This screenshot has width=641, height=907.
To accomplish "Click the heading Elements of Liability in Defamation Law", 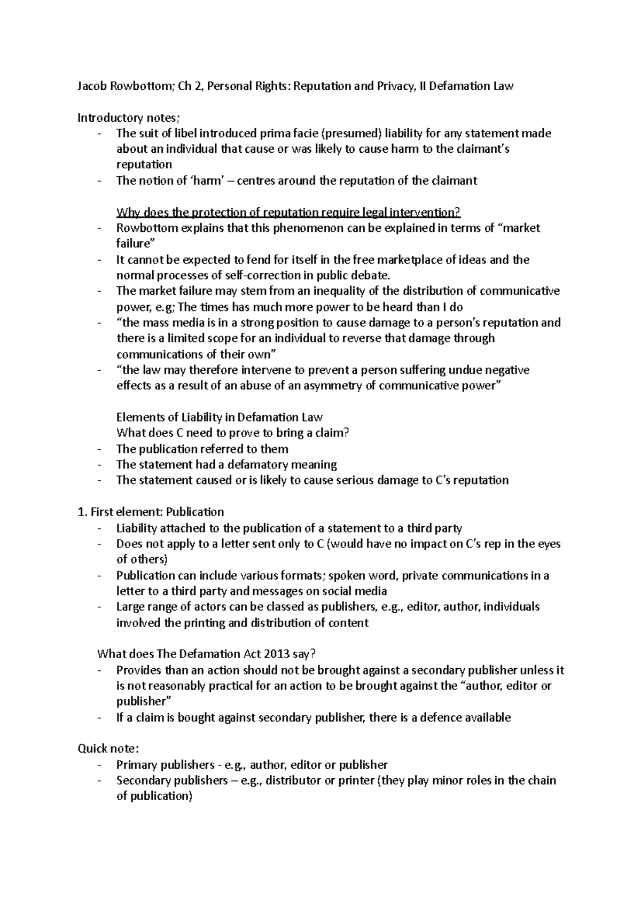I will pyautogui.click(x=220, y=417).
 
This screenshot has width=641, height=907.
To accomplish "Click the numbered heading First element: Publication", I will pyautogui.click(x=151, y=512).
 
